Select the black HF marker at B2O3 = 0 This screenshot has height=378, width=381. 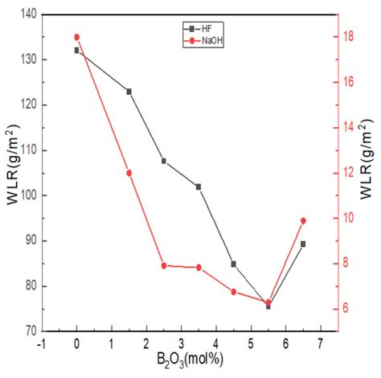click(x=77, y=50)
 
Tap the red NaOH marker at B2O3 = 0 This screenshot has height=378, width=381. click(x=77, y=37)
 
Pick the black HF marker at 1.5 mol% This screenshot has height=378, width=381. click(x=129, y=91)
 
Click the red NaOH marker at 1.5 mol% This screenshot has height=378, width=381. click(x=129, y=173)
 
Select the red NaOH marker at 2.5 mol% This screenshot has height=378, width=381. click(x=164, y=265)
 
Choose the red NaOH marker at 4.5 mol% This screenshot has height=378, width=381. click(x=234, y=292)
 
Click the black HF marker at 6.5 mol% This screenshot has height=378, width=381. click(x=303, y=244)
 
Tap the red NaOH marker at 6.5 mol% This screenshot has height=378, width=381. click(x=303, y=220)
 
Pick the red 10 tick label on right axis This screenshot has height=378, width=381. click(x=348, y=218)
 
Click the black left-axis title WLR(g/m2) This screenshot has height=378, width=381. click(x=10, y=172)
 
